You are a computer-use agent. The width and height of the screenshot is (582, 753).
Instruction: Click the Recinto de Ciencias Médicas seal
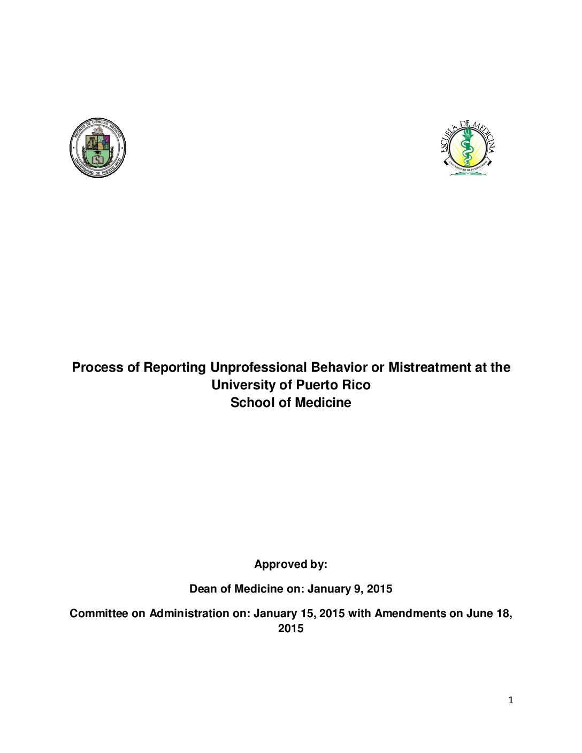click(x=98, y=148)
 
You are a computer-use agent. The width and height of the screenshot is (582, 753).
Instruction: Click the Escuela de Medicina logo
click(x=468, y=148)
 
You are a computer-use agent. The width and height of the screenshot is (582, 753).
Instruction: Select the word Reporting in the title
click(x=174, y=367)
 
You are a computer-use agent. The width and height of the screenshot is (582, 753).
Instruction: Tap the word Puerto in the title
click(x=316, y=385)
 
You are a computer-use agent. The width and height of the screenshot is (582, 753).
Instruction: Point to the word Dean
click(x=203, y=589)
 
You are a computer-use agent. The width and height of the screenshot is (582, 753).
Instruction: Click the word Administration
click(x=189, y=613)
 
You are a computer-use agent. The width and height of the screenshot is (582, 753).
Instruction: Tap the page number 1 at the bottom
click(x=511, y=700)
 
